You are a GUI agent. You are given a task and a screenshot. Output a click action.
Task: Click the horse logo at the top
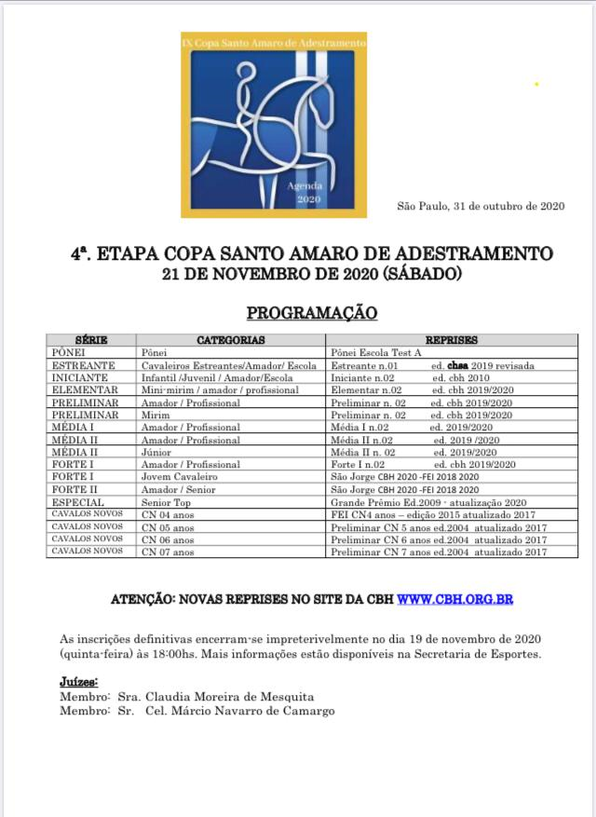point(273,125)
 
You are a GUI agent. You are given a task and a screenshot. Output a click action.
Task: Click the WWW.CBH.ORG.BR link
point(454,599)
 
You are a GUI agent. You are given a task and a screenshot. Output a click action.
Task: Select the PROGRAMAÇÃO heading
point(311,313)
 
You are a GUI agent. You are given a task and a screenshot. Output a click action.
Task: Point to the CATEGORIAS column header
point(231,341)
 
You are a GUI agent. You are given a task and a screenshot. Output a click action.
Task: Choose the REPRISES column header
point(452,341)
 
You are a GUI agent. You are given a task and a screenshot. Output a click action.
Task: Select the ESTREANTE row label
point(84,365)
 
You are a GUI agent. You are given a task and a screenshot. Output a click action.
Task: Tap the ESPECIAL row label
point(79,502)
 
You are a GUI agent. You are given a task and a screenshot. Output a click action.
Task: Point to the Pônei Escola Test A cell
point(376,353)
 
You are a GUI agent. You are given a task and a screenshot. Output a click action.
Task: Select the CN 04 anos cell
point(168,514)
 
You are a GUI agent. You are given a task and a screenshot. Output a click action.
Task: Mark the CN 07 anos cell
point(168,551)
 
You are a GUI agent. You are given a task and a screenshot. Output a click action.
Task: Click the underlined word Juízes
point(79,682)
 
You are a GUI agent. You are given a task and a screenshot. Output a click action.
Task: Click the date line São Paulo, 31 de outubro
point(481,206)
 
